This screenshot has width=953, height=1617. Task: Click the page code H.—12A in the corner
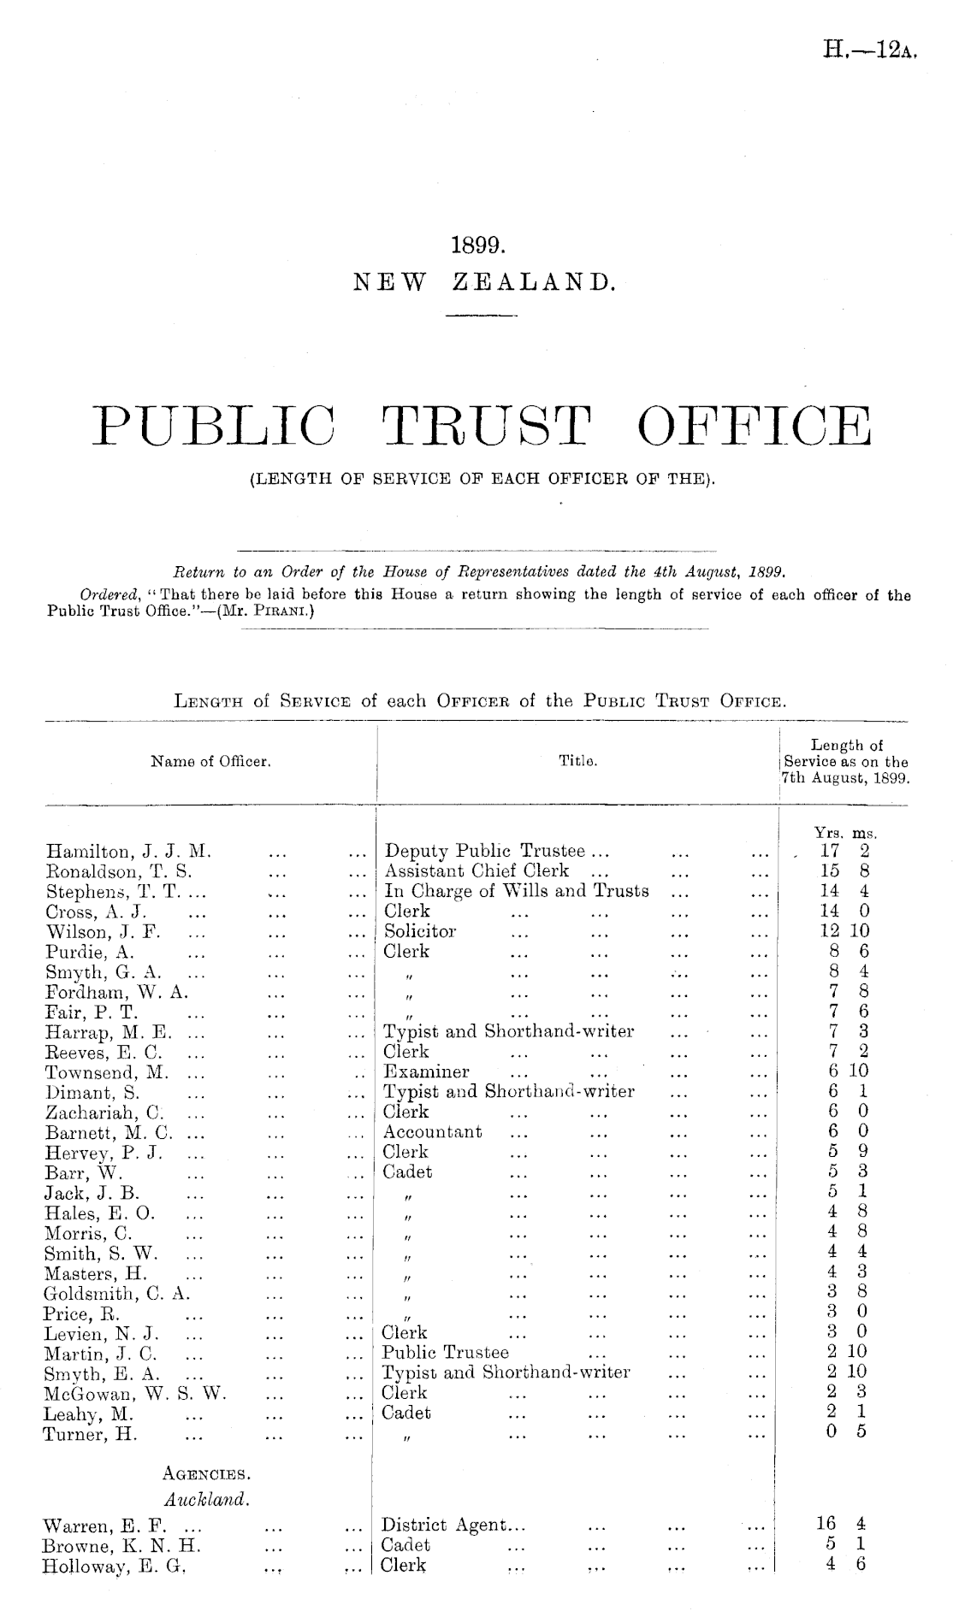point(870,50)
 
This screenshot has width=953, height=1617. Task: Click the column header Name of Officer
point(210,760)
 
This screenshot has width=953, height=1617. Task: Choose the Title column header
point(577,760)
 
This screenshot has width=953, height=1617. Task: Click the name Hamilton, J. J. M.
point(128,852)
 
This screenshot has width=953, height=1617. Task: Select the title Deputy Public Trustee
point(485,852)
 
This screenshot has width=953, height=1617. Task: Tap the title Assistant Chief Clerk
point(476,871)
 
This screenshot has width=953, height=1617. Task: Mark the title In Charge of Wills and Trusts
point(517,891)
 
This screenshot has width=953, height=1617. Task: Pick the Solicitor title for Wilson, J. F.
point(420,931)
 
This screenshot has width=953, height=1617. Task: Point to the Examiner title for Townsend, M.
point(426,1072)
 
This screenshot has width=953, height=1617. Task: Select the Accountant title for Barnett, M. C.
point(432,1132)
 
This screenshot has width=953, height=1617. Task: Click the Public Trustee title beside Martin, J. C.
point(445,1353)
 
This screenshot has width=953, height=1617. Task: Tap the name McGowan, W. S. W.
point(135,1393)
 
